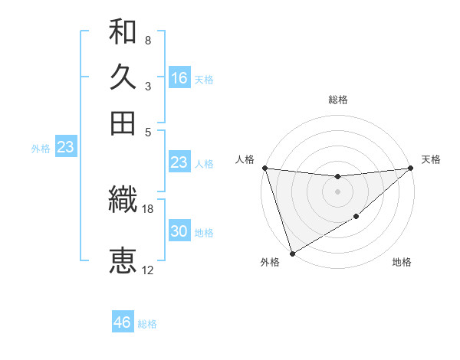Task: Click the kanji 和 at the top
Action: click(x=123, y=31)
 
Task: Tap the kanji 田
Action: click(x=123, y=123)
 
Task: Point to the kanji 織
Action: click(x=123, y=200)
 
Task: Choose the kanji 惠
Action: click(x=123, y=260)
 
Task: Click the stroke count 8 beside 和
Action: click(x=148, y=40)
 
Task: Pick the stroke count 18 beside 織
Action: click(x=148, y=208)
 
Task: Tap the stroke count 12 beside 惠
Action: click(x=148, y=270)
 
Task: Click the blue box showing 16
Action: click(x=179, y=78)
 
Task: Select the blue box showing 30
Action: click(x=179, y=231)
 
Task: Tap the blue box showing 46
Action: click(x=123, y=322)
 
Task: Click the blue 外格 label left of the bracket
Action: click(x=40, y=149)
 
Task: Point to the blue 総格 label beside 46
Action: click(x=147, y=324)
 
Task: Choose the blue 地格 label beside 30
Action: click(x=204, y=233)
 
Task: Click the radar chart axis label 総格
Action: click(x=337, y=100)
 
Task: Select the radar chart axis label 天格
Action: click(x=431, y=159)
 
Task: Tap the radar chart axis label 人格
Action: click(x=245, y=159)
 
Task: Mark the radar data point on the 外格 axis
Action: click(x=292, y=254)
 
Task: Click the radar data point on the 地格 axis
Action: click(x=356, y=218)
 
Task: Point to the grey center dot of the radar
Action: click(x=337, y=191)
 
